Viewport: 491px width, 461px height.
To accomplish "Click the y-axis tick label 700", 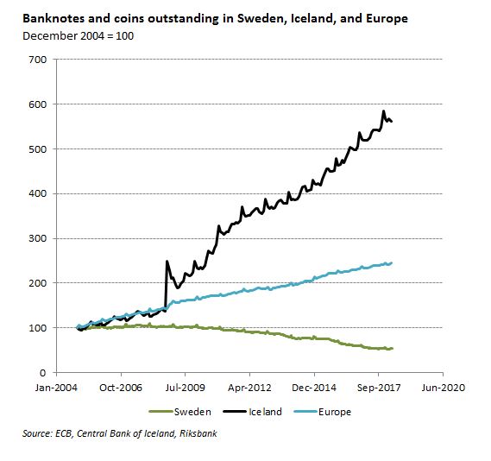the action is pos(38,60).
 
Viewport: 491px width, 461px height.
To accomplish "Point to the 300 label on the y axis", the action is pos(38,238).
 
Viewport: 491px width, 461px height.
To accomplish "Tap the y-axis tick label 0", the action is pos(43,373).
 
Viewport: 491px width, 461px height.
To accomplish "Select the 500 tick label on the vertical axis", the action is pos(38,149).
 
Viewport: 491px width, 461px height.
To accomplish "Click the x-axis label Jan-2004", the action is pos(56,388).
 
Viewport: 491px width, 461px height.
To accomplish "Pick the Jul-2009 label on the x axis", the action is pos(185,388).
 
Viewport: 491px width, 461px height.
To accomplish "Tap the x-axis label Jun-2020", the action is pos(443,388).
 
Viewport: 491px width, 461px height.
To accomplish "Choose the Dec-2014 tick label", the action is pos(314,388).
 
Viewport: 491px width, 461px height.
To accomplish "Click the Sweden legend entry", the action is pos(180,412).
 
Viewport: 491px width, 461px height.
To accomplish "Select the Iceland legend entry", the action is pos(252,412).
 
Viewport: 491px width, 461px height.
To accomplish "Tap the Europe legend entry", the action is pos(323,412).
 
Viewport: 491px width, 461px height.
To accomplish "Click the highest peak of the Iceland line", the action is pos(384,111).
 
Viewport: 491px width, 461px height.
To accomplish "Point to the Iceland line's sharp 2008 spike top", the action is pos(167,261).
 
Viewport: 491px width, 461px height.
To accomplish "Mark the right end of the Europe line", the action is pos(392,263).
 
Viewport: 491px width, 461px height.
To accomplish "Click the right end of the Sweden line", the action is pos(392,349).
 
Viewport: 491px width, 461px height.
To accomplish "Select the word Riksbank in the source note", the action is pos(198,433).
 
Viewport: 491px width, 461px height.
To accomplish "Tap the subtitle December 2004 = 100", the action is pos(79,36).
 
